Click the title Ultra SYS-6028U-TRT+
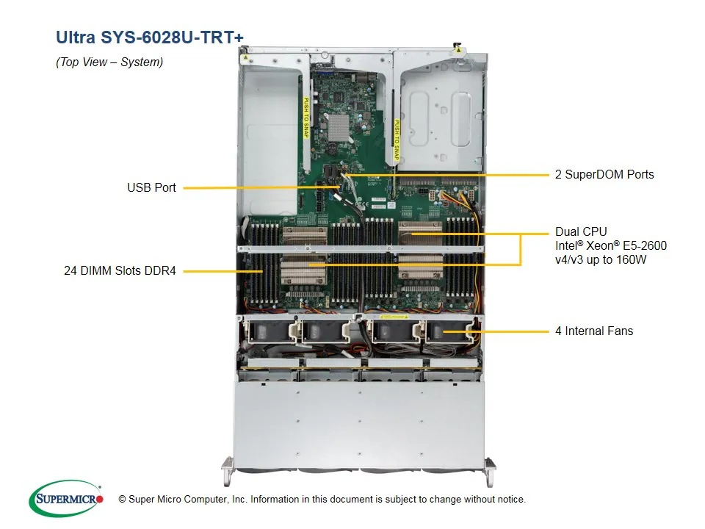pyautogui.click(x=150, y=37)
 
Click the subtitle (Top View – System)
pyautogui.click(x=109, y=62)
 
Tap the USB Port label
pyautogui.click(x=151, y=188)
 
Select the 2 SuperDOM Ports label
pyautogui.click(x=604, y=175)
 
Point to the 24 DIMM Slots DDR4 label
pyautogui.click(x=120, y=271)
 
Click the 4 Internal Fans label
pyautogui.click(x=593, y=331)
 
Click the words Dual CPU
pyautogui.click(x=581, y=232)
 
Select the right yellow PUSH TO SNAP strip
pyautogui.click(x=396, y=140)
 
